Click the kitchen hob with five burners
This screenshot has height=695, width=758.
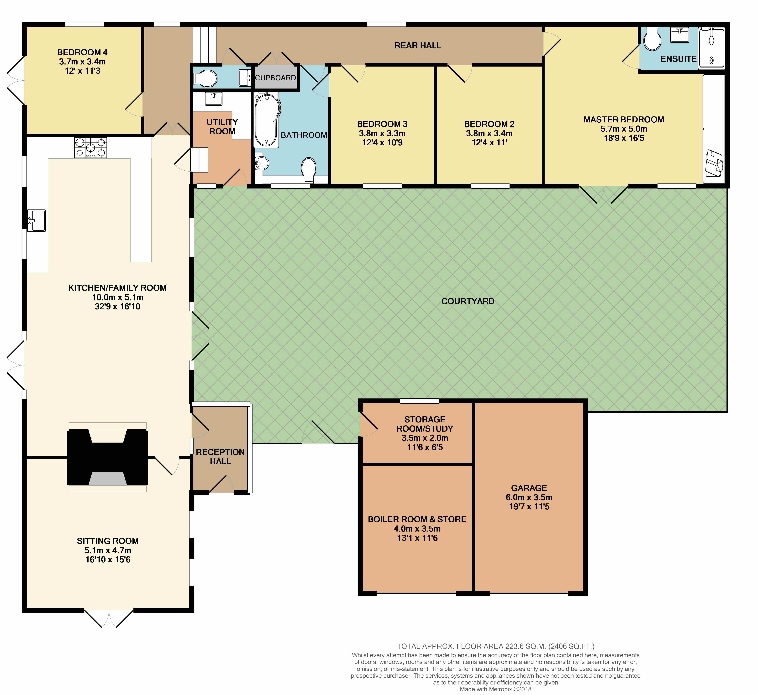pos(91,147)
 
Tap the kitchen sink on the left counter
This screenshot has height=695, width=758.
pos(37,220)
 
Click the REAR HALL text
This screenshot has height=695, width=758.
pos(418,46)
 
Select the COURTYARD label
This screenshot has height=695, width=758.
pos(468,301)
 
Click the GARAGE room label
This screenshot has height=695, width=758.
pos(529,488)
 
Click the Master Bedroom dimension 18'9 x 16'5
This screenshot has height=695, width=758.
pos(624,138)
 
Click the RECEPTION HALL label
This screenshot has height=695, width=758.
pos(221,457)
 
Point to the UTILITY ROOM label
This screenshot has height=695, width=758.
pos(222,127)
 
